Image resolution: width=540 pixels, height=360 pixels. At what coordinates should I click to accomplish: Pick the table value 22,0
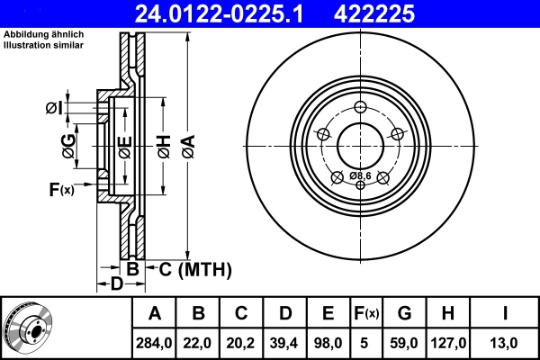(x=199, y=342)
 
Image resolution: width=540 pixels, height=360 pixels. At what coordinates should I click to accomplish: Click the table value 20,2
(x=242, y=342)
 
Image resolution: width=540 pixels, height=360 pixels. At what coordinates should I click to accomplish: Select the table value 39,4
(x=285, y=342)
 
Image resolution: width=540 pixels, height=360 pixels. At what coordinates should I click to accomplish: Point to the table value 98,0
(x=328, y=342)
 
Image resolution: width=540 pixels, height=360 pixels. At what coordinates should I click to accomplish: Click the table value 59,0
(x=404, y=342)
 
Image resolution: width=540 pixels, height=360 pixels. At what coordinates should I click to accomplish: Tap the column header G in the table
(x=404, y=313)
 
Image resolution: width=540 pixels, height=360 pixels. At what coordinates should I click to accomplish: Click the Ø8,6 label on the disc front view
(x=361, y=175)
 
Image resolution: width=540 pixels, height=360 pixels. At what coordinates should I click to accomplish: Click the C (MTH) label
(x=195, y=269)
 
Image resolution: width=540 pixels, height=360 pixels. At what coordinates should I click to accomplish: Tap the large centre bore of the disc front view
(x=360, y=144)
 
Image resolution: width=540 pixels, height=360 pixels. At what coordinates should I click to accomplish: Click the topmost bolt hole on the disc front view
(x=360, y=107)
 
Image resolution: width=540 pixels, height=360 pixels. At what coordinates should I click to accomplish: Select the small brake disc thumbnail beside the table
(x=28, y=328)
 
